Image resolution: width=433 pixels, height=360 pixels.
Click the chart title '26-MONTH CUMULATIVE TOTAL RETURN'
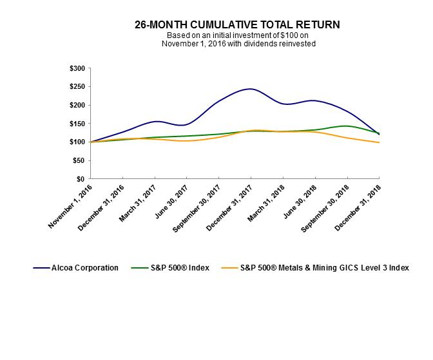pyautogui.click(x=237, y=24)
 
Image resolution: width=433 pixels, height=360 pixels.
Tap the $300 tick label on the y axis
pyautogui.click(x=77, y=68)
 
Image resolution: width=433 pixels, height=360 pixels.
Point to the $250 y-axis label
pyautogui.click(x=77, y=87)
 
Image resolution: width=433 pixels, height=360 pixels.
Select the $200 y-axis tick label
pyautogui.click(x=77, y=105)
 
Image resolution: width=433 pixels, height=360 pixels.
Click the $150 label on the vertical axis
pyautogui.click(x=77, y=124)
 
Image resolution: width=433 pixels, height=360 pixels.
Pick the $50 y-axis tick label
pyautogui.click(x=79, y=160)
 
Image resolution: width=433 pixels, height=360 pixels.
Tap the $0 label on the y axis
pyautogui.click(x=81, y=178)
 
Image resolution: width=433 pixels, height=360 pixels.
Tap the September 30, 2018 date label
pyautogui.click(x=322, y=207)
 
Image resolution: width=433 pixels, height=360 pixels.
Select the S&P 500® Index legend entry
pyautogui.click(x=169, y=267)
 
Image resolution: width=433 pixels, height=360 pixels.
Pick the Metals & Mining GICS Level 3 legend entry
pyautogui.click(x=315, y=267)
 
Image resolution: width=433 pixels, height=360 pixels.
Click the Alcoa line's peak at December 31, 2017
pyautogui.click(x=251, y=89)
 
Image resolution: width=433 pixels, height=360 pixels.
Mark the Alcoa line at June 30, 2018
pyautogui.click(x=315, y=100)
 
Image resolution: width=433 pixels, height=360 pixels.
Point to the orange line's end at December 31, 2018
pyautogui.click(x=379, y=142)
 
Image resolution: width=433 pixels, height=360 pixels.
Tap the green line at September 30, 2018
pyautogui.click(x=347, y=126)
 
